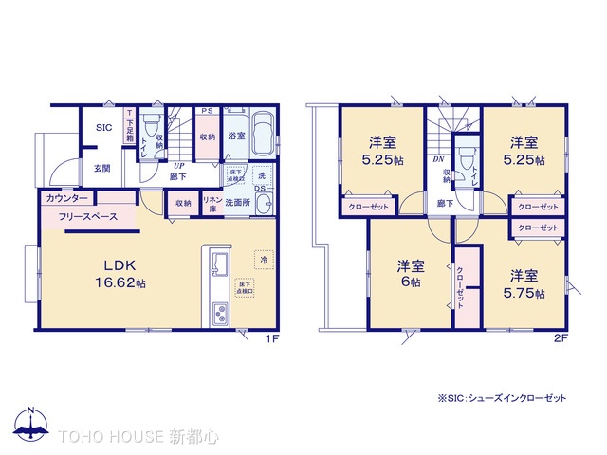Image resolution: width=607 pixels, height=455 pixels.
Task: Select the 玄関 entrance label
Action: pyautogui.click(x=101, y=169)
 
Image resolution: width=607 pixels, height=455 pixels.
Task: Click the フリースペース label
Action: pyautogui.click(x=87, y=217)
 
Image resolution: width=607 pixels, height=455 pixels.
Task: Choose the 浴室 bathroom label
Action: pyautogui.click(x=236, y=136)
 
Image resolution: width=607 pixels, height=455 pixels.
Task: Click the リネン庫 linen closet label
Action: pyautogui.click(x=213, y=202)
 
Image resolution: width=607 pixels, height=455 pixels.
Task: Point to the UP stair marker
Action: pyautogui.click(x=177, y=163)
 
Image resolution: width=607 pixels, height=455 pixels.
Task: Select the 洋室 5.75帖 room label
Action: pyautogui.click(x=524, y=283)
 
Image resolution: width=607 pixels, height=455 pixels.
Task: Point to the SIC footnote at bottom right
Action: pyautogui.click(x=502, y=399)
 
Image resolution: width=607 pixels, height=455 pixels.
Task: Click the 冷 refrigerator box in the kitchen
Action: pyautogui.click(x=261, y=258)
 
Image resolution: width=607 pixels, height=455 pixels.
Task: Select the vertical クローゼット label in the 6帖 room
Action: pyautogui.click(x=460, y=282)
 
